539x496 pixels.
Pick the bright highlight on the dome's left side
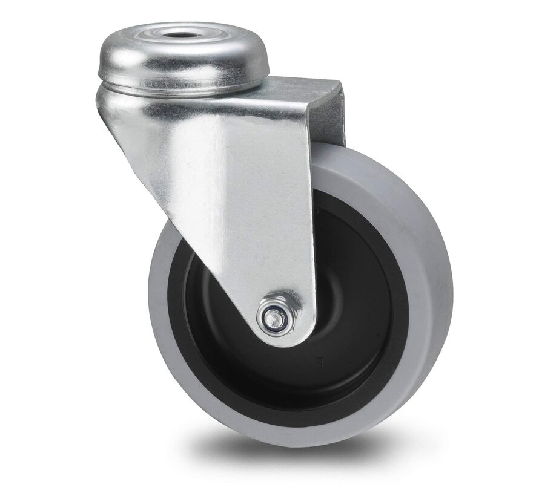coord(112,57)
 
